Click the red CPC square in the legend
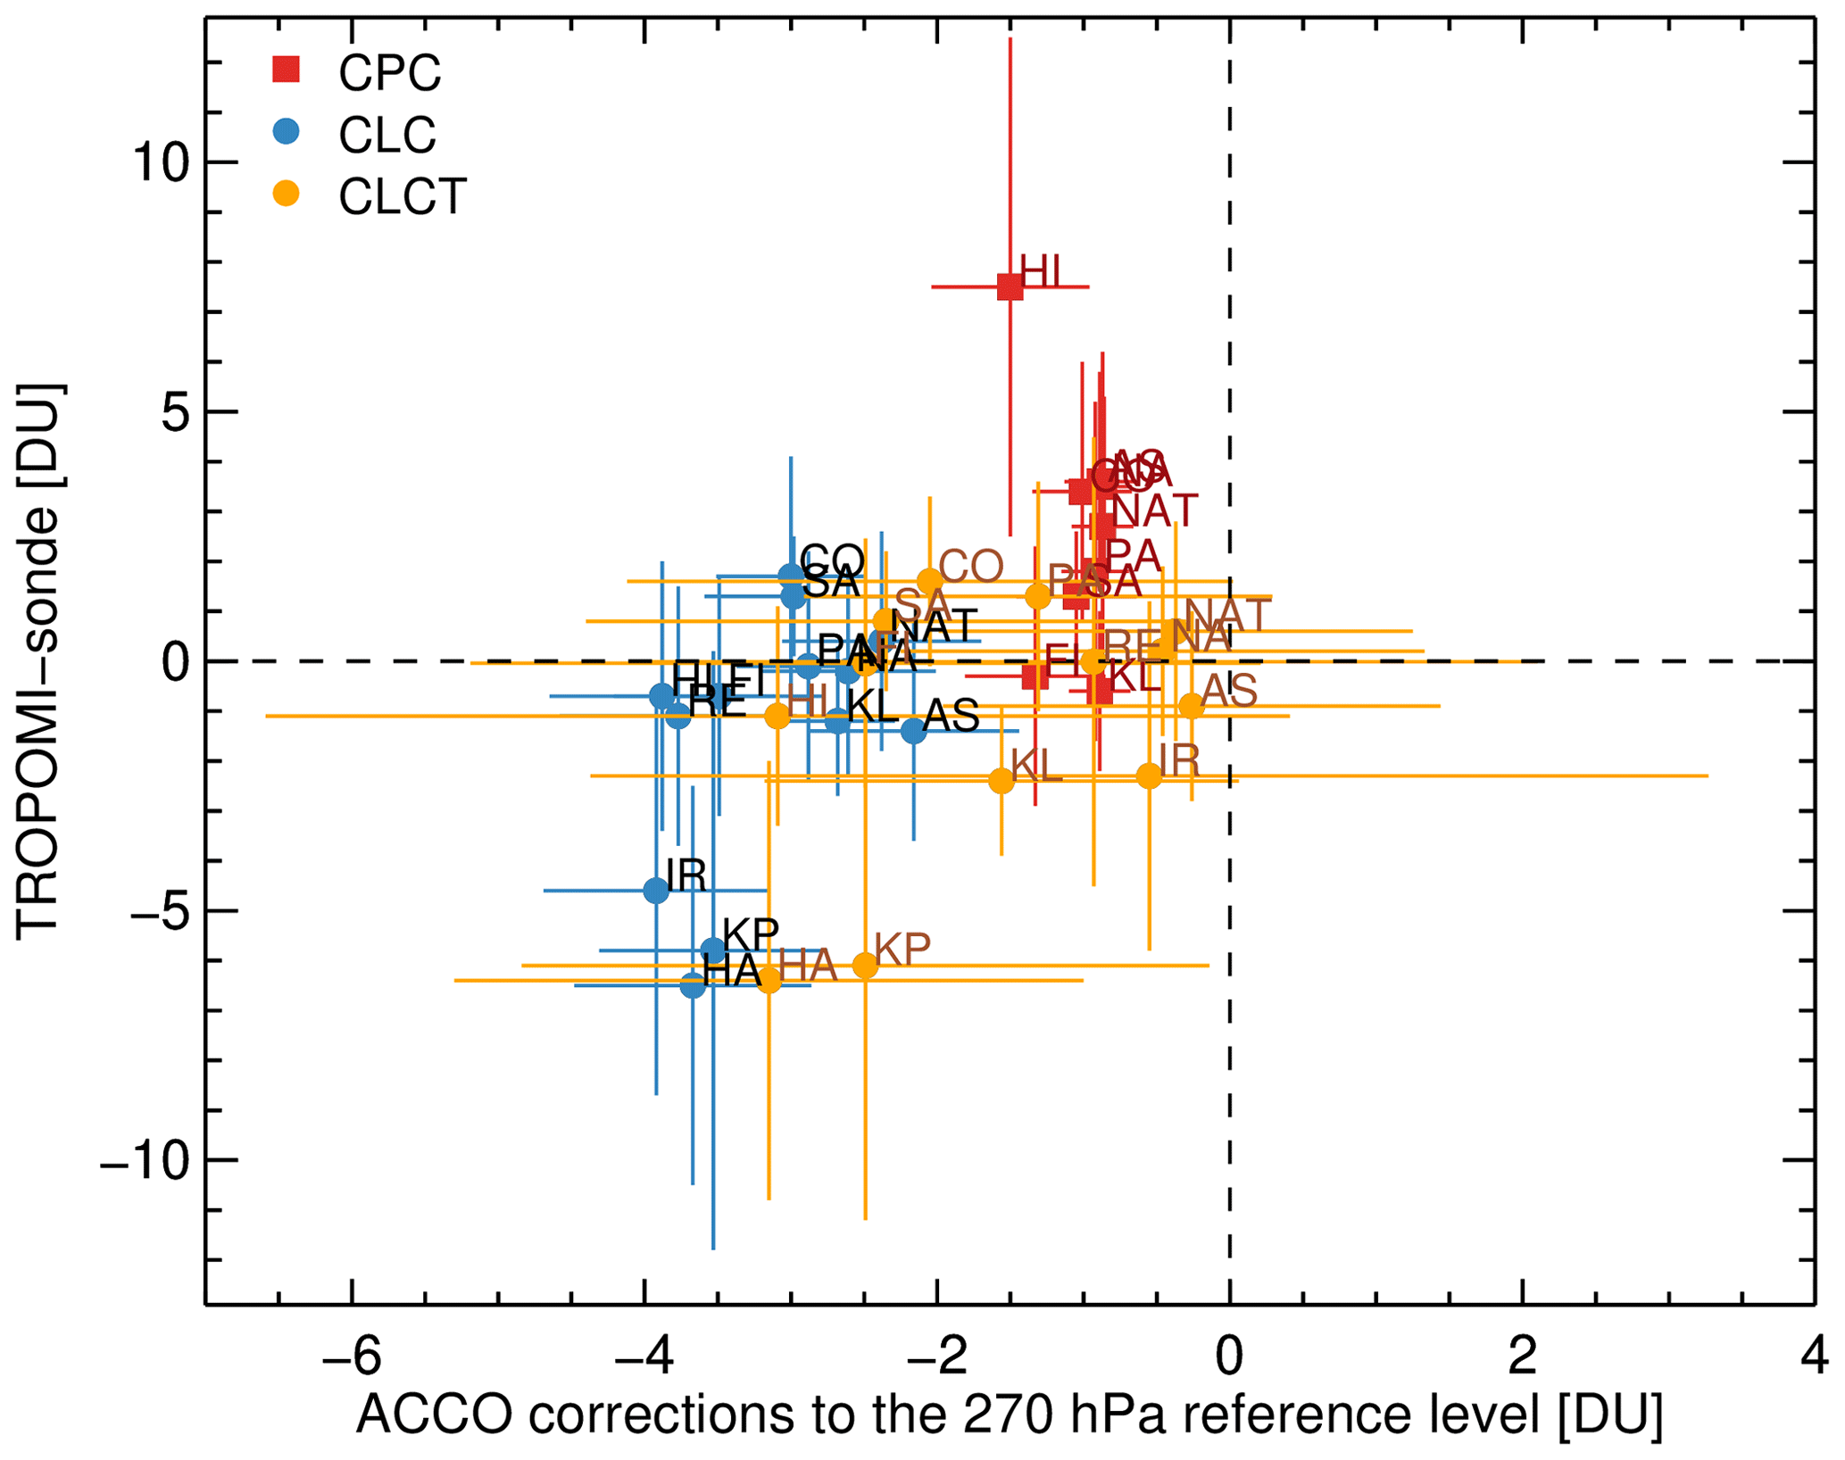pyautogui.click(x=286, y=70)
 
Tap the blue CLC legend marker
pyautogui.click(x=286, y=132)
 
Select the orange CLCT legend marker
pyautogui.click(x=286, y=194)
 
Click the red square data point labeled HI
pyautogui.click(x=1010, y=287)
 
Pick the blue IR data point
pyautogui.click(x=656, y=890)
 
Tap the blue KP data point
pyautogui.click(x=713, y=950)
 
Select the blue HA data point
pyautogui.click(x=693, y=985)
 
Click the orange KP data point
pyautogui.click(x=865, y=965)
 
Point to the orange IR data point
pyautogui.click(x=1149, y=776)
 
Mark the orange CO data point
pyautogui.click(x=930, y=580)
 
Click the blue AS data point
pyautogui.click(x=913, y=730)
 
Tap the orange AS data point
pyautogui.click(x=1192, y=705)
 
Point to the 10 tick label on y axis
pyautogui.click(x=161, y=163)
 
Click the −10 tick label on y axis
pyautogui.click(x=145, y=1161)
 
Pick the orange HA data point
pyautogui.click(x=769, y=980)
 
